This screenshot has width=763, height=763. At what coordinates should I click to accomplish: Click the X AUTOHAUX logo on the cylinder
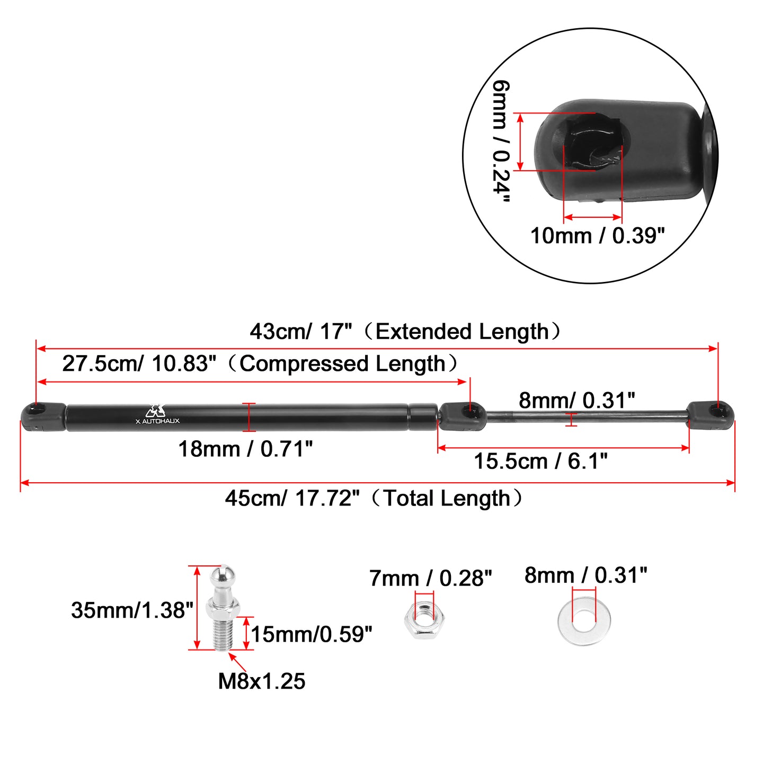(157, 414)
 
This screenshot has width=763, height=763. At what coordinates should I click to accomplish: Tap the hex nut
(424, 619)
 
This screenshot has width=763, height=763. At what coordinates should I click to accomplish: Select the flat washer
(584, 620)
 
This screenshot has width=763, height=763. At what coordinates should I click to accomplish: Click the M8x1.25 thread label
(262, 681)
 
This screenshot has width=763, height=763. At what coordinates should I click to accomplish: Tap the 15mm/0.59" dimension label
(312, 634)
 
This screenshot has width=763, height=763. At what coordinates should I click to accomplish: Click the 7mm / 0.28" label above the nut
(430, 579)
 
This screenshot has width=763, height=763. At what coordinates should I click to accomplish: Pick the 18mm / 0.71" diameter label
(245, 449)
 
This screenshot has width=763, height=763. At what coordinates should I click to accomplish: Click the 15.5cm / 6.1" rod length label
(540, 462)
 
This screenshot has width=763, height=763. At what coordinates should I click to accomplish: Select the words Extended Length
(462, 332)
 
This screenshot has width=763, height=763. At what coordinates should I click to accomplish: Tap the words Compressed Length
(342, 363)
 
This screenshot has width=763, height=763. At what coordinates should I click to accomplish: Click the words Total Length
(447, 498)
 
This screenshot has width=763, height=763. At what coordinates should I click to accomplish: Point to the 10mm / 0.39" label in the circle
(598, 236)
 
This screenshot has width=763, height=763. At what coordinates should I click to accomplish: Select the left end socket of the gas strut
(43, 417)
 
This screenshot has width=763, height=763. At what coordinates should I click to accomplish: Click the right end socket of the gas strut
(711, 416)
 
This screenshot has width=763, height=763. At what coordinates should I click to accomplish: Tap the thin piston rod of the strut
(587, 415)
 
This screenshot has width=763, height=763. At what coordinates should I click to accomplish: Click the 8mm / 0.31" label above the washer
(585, 575)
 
